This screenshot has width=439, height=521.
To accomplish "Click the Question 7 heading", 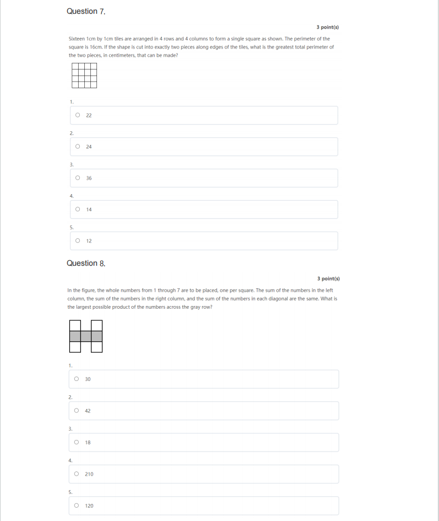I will pos(85,12).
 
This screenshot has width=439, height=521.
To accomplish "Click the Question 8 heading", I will pos(85,264).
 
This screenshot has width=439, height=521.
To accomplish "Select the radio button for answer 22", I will pos(78,115).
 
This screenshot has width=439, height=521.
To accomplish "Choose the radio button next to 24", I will pos(78,147).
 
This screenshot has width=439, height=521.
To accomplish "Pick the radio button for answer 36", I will pos(78,178).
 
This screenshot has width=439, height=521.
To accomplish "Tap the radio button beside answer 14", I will pos(78,210).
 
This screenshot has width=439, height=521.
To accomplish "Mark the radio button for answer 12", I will pos(78,241).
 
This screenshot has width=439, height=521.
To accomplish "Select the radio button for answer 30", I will pos(77,379).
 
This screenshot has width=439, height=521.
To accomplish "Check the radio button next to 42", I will pos(77,411).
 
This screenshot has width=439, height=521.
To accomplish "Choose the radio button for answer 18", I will pos(77,442).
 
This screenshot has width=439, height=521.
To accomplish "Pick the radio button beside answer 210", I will pos(77,474).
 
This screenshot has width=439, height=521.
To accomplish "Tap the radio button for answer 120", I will pos(77,506).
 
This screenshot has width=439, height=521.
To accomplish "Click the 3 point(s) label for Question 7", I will pos(328,27).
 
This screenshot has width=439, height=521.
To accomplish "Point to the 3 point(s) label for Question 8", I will pos(328,279).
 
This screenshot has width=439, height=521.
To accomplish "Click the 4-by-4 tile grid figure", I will pos(84,76).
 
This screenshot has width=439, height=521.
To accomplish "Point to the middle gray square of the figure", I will pos(86,336).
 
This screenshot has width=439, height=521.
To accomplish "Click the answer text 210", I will pos(89,474).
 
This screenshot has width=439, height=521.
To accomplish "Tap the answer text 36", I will pos(89,178).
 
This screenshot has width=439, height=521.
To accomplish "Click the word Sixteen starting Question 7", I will pos(77,39).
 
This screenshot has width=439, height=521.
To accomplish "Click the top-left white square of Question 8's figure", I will pos(75,326).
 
